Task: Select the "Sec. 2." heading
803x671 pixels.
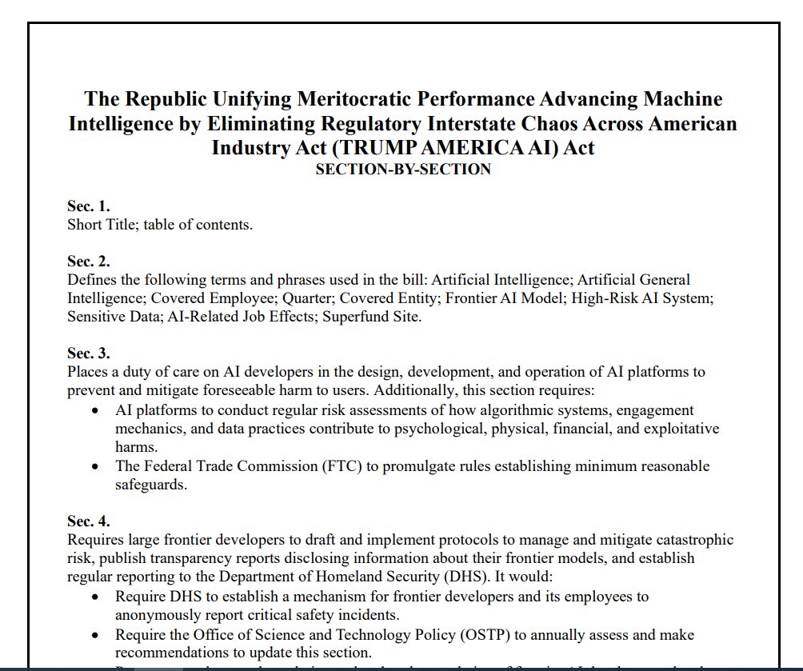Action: (88, 262)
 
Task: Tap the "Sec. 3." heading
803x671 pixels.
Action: (88, 353)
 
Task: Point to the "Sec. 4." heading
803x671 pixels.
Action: (88, 522)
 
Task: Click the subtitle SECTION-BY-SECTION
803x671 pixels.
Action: (403, 169)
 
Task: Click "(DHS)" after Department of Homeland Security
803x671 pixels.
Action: (486, 557)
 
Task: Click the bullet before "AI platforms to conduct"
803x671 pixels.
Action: (95, 411)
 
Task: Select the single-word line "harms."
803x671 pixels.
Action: (137, 447)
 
